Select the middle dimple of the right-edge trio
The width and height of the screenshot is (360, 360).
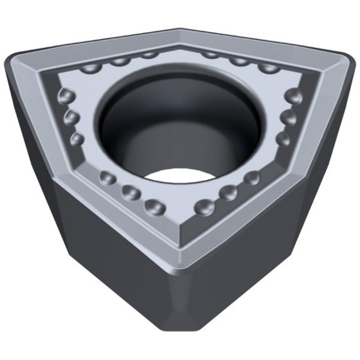click(288, 118)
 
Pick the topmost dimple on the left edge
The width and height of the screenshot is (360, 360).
click(65, 96)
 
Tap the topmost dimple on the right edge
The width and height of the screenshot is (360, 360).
click(296, 96)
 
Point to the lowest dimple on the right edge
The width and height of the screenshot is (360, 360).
click(283, 139)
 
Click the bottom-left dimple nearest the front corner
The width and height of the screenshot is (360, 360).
click(155, 207)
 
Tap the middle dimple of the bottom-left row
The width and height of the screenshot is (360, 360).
click(130, 192)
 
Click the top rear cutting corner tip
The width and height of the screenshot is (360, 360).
click(180, 29)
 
